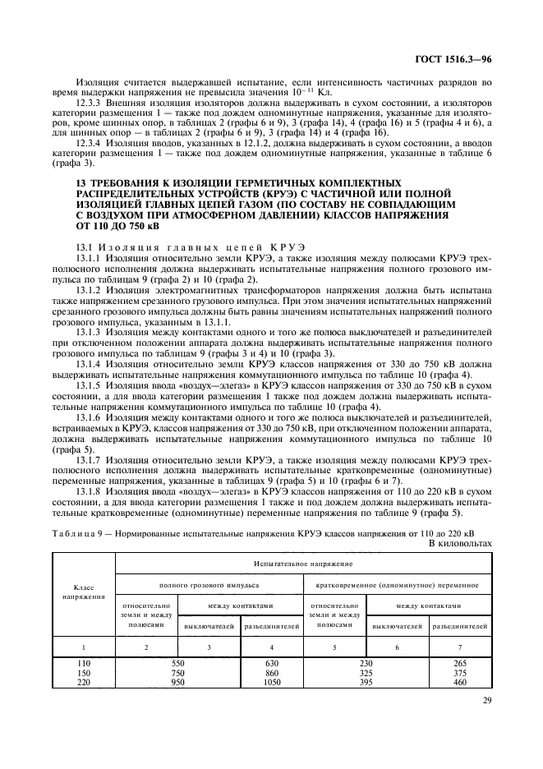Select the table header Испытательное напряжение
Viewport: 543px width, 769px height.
[x=304, y=566]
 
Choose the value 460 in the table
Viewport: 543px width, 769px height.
[x=461, y=681]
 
